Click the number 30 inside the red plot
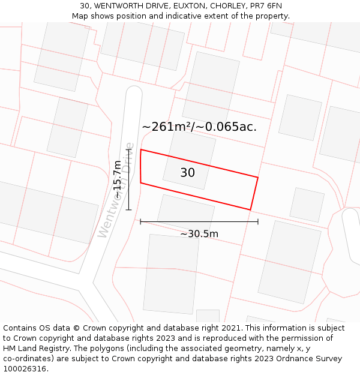[x=187, y=173]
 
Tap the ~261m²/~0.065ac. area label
[x=199, y=127]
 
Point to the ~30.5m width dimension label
[x=199, y=234]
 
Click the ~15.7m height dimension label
[x=118, y=179]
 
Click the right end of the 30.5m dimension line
[x=258, y=222]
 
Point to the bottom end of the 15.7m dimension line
[x=128, y=209]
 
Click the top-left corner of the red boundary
[x=141, y=149]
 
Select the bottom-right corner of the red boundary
[x=250, y=210]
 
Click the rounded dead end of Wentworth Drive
[x=134, y=92]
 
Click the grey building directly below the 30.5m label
[x=171, y=273]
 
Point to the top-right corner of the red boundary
[x=258, y=178]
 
